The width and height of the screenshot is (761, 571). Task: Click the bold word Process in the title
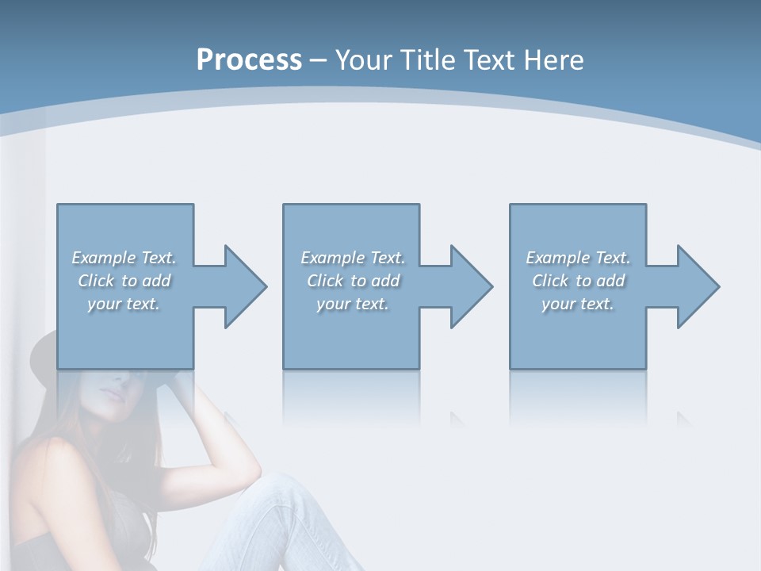click(x=249, y=60)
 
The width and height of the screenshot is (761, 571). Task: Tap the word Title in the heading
click(x=426, y=60)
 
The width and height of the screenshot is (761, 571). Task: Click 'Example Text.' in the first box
click(x=124, y=258)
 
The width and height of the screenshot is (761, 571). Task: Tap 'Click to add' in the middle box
click(x=353, y=281)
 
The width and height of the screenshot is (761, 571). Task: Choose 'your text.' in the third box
click(x=578, y=304)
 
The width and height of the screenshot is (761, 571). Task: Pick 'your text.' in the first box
click(x=124, y=304)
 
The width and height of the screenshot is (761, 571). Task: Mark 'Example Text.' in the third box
click(x=578, y=258)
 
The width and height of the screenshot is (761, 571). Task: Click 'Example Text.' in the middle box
click(x=353, y=258)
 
